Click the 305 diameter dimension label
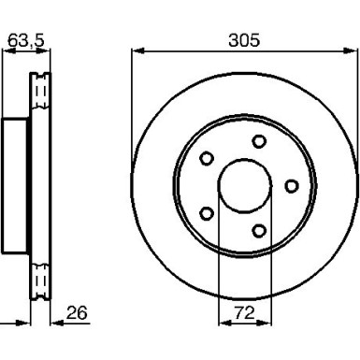(x=244, y=40)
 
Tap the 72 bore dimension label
(x=244, y=312)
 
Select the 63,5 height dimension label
(x=26, y=40)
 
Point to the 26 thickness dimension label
(x=77, y=312)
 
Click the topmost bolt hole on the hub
(x=259, y=141)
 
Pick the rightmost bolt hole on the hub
(x=292, y=186)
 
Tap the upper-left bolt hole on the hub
(x=207, y=158)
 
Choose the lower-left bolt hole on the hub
(x=206, y=214)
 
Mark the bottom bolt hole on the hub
(x=259, y=231)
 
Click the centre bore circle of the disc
(x=245, y=160)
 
